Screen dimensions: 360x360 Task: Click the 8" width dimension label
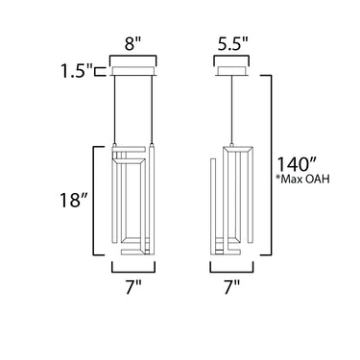point(132,44)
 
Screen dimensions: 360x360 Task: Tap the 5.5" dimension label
point(233,44)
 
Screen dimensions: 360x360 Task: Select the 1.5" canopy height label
point(76,71)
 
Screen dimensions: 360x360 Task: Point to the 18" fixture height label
point(74,201)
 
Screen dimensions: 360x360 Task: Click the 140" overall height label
point(297,164)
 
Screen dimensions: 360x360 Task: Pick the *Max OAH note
point(302,180)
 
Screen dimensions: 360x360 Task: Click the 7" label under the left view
point(133,287)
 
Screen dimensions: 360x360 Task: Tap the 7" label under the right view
point(231,287)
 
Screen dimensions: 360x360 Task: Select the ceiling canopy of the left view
point(132,71)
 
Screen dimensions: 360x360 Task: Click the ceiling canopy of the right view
point(231,71)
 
